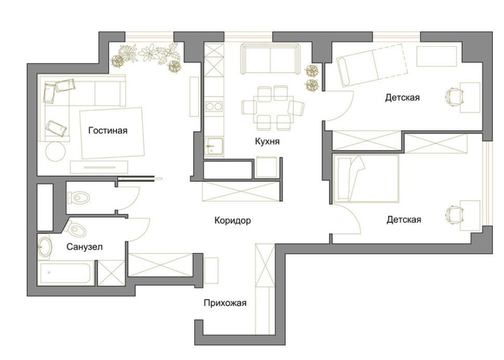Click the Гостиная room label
[x=108, y=131]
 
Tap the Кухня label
[x=267, y=142]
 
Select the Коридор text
[x=233, y=221]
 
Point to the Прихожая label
[x=225, y=303]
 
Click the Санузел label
[x=85, y=247]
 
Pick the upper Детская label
[x=402, y=98]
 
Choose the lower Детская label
[x=404, y=220]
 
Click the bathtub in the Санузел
[x=67, y=273]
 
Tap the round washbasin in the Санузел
[x=43, y=247]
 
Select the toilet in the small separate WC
[x=78, y=197]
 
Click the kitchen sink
[x=214, y=146]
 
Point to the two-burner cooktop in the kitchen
[x=214, y=107]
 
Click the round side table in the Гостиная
[x=56, y=151]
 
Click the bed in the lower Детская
[x=366, y=179]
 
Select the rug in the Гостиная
[x=112, y=133]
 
